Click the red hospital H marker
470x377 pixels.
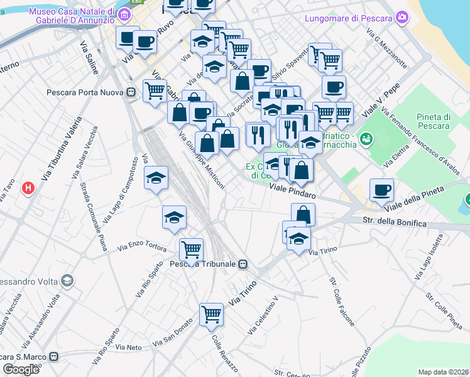(28, 187)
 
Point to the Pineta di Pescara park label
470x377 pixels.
(434, 121)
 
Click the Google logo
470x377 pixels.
(21, 369)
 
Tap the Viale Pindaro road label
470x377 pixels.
(292, 191)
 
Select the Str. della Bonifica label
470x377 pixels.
(395, 222)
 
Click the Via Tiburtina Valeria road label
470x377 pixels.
(61, 149)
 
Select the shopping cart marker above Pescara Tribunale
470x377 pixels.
(191, 249)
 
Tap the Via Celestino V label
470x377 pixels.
(263, 316)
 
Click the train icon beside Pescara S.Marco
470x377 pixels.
(54, 356)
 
